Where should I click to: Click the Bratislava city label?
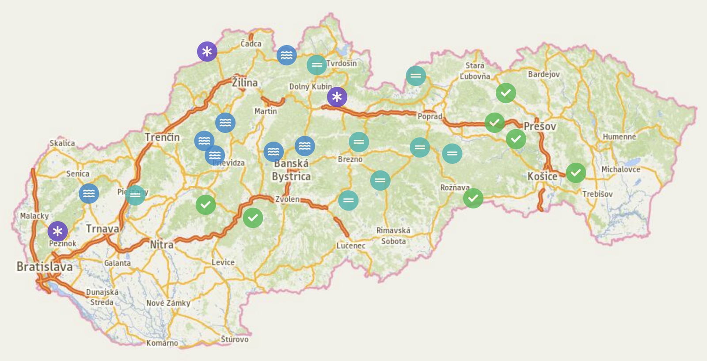(44, 267)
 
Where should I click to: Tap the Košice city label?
(542, 177)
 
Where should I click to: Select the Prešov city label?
(540, 127)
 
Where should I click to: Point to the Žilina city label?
(245, 83)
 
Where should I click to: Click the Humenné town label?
(619, 137)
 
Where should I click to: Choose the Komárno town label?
(162, 343)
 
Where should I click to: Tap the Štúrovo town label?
(235, 339)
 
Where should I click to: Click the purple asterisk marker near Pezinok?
(58, 231)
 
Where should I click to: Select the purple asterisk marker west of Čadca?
(207, 52)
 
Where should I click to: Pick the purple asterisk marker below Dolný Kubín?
(337, 97)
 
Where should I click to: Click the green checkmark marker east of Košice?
(576, 173)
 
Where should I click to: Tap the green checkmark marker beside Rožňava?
(473, 198)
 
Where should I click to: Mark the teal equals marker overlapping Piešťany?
(135, 195)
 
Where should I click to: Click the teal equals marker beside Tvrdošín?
(317, 65)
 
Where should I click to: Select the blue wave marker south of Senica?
(89, 193)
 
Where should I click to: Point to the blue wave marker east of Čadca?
(287, 55)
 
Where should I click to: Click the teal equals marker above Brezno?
(359, 142)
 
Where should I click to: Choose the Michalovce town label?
(620, 169)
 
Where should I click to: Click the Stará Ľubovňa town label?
(475, 71)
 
